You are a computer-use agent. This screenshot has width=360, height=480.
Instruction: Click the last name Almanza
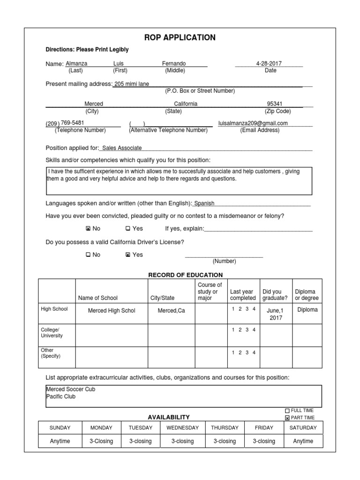coord(76,63)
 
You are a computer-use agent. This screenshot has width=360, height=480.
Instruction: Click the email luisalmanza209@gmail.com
coord(253,123)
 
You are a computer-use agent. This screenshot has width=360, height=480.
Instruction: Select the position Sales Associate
coord(122,148)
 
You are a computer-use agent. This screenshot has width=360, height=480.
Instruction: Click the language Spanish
coord(204,203)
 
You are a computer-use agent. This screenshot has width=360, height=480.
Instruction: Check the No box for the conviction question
coord(88,229)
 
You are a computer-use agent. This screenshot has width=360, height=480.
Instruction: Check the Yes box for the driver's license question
coord(128,255)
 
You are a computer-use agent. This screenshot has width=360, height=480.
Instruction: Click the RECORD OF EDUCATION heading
coord(186,275)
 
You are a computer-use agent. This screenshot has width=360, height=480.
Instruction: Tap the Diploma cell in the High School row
coord(307,310)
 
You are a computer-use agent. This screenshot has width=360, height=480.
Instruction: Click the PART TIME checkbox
coord(287,418)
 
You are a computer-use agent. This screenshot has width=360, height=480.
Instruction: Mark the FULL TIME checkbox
coord(287,411)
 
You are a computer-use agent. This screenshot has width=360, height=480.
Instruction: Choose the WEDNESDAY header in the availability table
coord(182,427)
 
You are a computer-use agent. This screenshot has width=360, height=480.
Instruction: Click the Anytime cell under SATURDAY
coord(303,441)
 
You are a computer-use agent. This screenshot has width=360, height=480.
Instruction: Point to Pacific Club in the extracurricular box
coord(60,397)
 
